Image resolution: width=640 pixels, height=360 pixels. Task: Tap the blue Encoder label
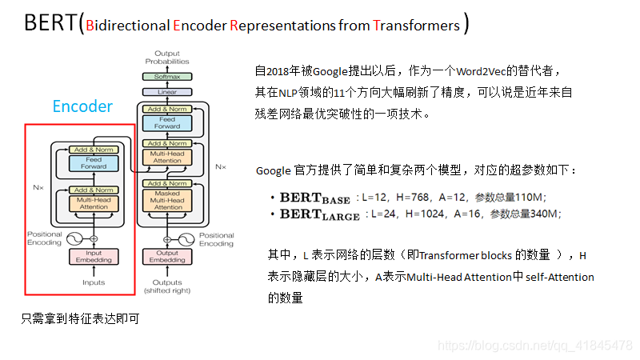click(x=82, y=106)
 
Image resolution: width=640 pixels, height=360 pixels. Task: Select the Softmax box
click(x=167, y=77)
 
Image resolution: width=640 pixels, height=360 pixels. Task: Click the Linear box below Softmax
click(x=167, y=92)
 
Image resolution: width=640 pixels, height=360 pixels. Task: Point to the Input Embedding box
click(x=94, y=257)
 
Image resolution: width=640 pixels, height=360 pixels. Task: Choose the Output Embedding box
click(x=167, y=257)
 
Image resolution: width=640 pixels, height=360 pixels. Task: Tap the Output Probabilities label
click(x=167, y=58)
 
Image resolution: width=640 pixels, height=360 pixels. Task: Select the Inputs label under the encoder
click(x=94, y=282)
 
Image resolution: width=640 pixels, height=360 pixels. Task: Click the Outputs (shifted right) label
click(x=167, y=286)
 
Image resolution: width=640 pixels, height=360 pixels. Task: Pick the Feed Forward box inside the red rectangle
click(x=93, y=162)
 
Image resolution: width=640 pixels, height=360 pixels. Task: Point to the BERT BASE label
click(x=315, y=198)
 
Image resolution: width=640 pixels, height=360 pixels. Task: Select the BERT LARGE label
click(x=319, y=214)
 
